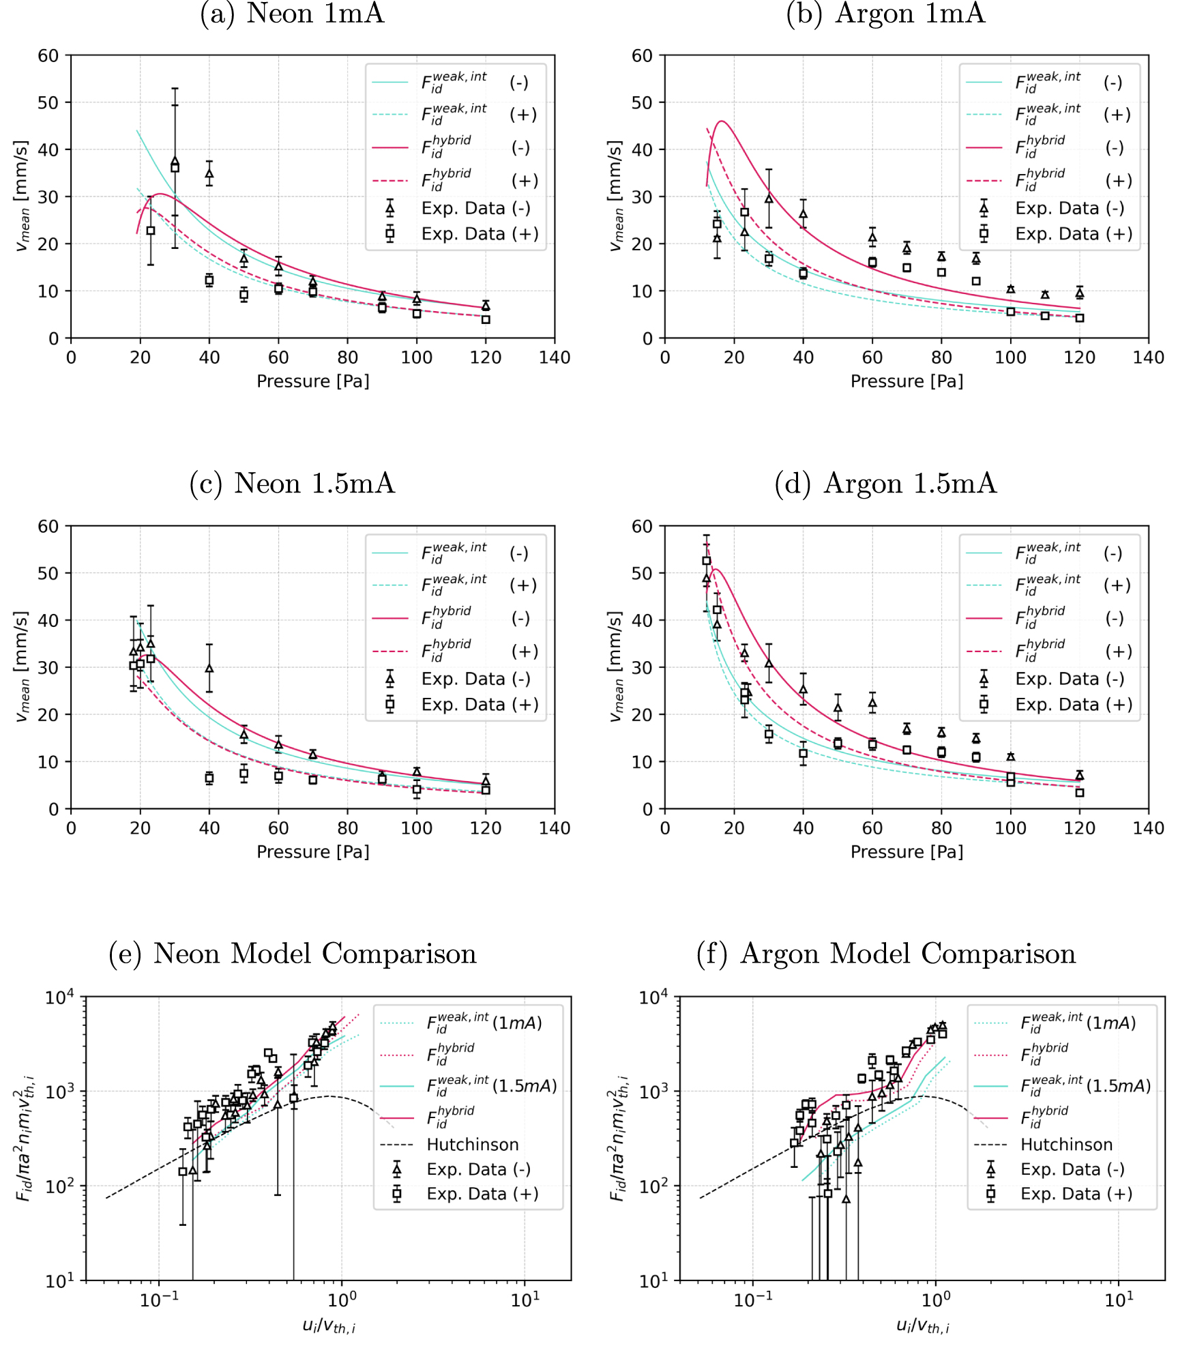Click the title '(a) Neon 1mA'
pos(292,14)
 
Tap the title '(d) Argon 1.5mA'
pos(885,484)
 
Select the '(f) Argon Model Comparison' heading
pos(885,954)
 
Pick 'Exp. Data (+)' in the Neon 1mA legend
pos(480,234)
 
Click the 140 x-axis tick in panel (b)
pos(1148,357)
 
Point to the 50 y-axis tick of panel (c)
pos(48,573)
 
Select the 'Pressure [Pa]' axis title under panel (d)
pos(907,852)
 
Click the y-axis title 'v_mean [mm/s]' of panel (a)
pos(23,196)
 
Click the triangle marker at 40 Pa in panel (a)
pos(209,173)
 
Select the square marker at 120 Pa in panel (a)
pos(486,319)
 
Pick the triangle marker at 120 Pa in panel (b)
pos(1079,293)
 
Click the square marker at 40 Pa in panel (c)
pos(209,778)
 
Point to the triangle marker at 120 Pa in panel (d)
pos(1079,776)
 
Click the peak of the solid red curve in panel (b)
pos(722,121)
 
